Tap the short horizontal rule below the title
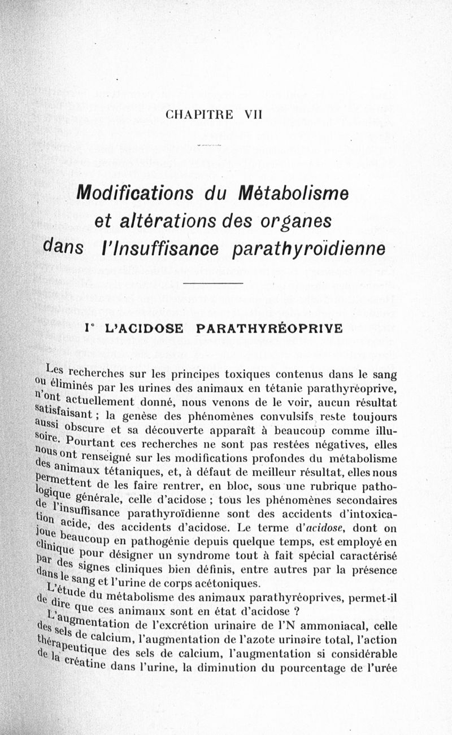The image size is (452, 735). (213, 283)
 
